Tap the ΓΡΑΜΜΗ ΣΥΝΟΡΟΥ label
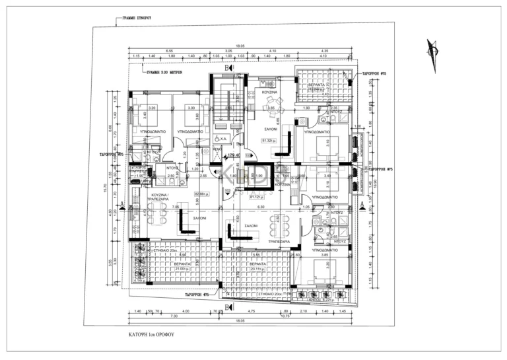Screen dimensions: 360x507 coord(132,20)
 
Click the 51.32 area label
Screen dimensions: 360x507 coord(269,141)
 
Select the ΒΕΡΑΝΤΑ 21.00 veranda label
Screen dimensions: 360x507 coord(182,266)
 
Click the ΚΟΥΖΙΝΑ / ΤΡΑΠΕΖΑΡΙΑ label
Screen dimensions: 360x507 coord(159,198)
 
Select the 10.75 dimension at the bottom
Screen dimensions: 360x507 coord(287,317)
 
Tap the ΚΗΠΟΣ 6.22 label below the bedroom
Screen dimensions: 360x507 coord(323,299)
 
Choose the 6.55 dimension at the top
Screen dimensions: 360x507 coord(170,51)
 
